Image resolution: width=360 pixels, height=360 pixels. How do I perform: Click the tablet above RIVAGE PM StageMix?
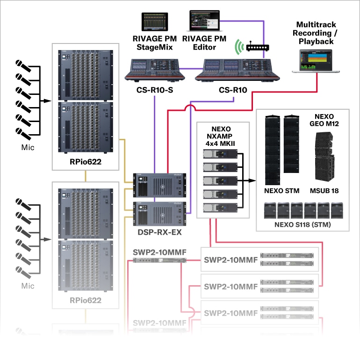(155, 23)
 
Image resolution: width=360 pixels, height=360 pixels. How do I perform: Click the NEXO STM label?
(280, 191)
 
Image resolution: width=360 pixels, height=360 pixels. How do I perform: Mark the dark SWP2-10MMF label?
(160, 253)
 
